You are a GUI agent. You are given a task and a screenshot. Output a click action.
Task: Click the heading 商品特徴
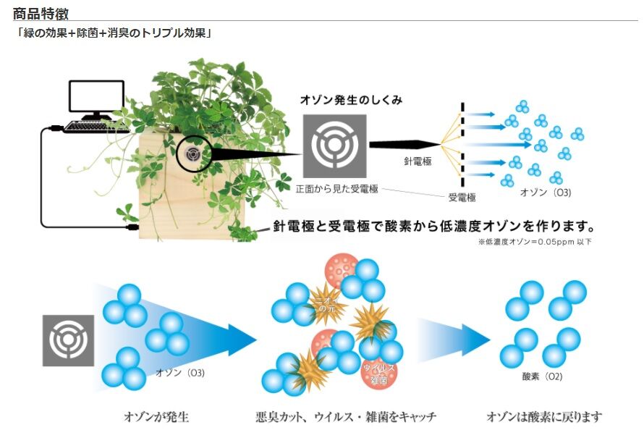tap(41, 13)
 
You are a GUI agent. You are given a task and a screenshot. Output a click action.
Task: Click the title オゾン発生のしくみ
tap(351, 100)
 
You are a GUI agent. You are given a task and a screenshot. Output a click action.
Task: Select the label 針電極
tap(418, 161)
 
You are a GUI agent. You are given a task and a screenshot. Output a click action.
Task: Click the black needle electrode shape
tap(405, 145)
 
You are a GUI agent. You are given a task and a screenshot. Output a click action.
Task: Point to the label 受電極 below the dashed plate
tap(462, 198)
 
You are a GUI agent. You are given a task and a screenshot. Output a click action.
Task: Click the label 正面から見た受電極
tap(336, 189)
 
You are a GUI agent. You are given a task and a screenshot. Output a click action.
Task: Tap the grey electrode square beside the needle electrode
tap(335, 146)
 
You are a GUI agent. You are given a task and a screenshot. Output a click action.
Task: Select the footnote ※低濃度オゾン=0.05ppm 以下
tap(535, 242)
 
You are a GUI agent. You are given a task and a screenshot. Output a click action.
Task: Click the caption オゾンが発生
tap(156, 417)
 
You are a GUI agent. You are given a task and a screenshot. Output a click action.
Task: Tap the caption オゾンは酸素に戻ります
tap(544, 417)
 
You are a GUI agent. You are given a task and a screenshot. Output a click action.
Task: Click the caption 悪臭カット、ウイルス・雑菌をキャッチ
tap(346, 417)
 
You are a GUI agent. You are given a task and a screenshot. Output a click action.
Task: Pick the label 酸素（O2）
tap(542, 376)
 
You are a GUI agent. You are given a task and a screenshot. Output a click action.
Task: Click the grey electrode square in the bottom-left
tap(68, 340)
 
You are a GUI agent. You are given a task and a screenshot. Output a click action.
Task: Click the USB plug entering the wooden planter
tap(132, 227)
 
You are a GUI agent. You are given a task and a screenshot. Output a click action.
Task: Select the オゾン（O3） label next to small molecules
tap(546, 193)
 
